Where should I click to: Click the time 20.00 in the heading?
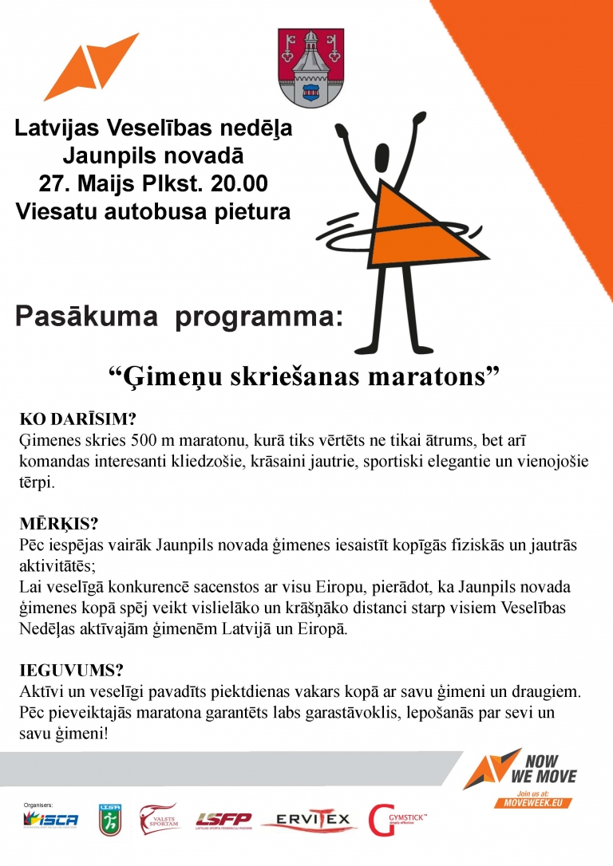click(239, 183)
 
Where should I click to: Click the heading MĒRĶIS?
click(58, 525)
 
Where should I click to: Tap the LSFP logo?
click(223, 821)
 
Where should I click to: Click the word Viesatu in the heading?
click(54, 211)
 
